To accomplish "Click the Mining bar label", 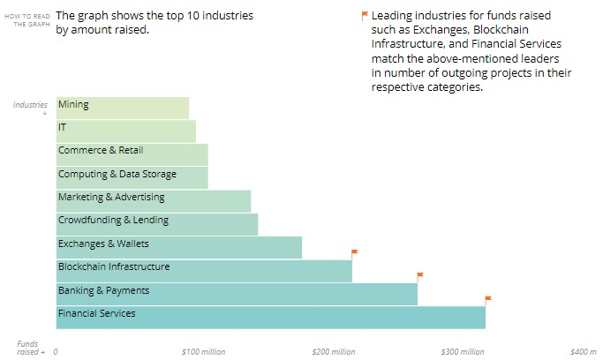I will click(x=73, y=104).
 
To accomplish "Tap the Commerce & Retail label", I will click(x=101, y=151).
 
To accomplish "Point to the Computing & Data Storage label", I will click(x=117, y=175).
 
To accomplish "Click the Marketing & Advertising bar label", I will click(x=111, y=198).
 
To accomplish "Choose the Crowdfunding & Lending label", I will click(x=113, y=221).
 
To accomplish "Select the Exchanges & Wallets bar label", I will click(x=103, y=244).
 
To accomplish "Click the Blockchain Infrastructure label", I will click(x=114, y=266).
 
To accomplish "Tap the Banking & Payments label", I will click(x=103, y=290).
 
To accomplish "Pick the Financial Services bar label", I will click(x=97, y=313).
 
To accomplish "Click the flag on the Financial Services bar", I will click(x=487, y=299).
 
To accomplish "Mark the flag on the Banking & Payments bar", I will click(x=420, y=276).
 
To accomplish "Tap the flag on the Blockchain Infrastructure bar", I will click(x=354, y=253).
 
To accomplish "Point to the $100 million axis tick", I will click(x=203, y=352).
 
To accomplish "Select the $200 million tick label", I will click(x=333, y=352).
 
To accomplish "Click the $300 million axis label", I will click(x=463, y=352).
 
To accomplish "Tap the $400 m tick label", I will click(x=584, y=352).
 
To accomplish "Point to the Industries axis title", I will click(x=30, y=105).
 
